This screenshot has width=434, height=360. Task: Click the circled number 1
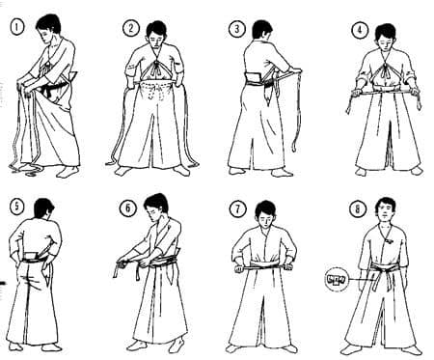pyautogui.click(x=17, y=27)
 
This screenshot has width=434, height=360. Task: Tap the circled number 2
pyautogui.click(x=131, y=28)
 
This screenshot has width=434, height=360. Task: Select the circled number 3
pyautogui.click(x=236, y=29)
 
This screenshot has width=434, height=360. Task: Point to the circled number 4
pyautogui.click(x=360, y=30)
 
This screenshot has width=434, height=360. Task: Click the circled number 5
pyautogui.click(x=16, y=206)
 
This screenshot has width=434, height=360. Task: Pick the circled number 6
pyautogui.click(x=128, y=208)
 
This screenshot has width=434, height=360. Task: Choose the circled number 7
pyautogui.click(x=237, y=209)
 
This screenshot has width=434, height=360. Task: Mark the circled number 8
pyautogui.click(x=358, y=209)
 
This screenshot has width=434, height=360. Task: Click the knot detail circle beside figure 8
pyautogui.click(x=337, y=280)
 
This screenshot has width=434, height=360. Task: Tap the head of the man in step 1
pyautogui.click(x=49, y=27)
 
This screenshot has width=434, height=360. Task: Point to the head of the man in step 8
pyautogui.click(x=386, y=209)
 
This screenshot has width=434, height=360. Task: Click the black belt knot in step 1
pyautogui.click(x=49, y=91)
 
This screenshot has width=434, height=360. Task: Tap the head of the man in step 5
pyautogui.click(x=43, y=209)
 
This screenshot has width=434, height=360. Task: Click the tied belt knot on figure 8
pyautogui.click(x=374, y=277)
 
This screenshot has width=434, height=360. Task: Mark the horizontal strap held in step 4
pyautogui.click(x=384, y=93)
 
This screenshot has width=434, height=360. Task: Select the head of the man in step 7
pyautogui.click(x=265, y=213)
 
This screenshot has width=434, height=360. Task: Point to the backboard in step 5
pyautogui.click(x=32, y=257)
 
